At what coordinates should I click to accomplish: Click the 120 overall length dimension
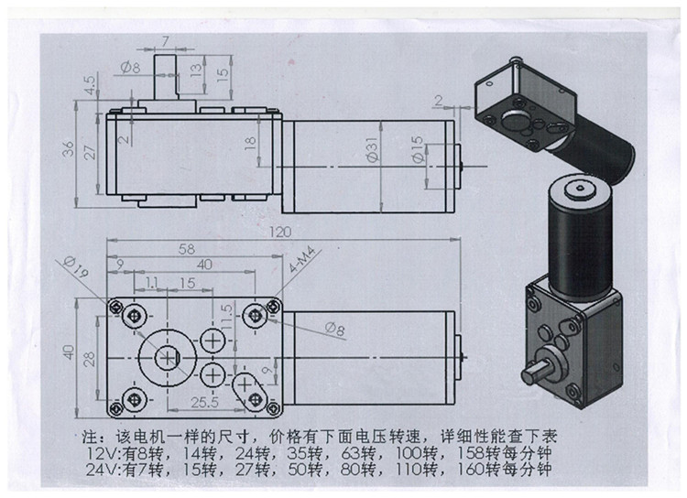coord(274,233)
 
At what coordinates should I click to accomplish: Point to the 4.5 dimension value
coord(88,86)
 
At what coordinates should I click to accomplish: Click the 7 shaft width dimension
coord(165,40)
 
